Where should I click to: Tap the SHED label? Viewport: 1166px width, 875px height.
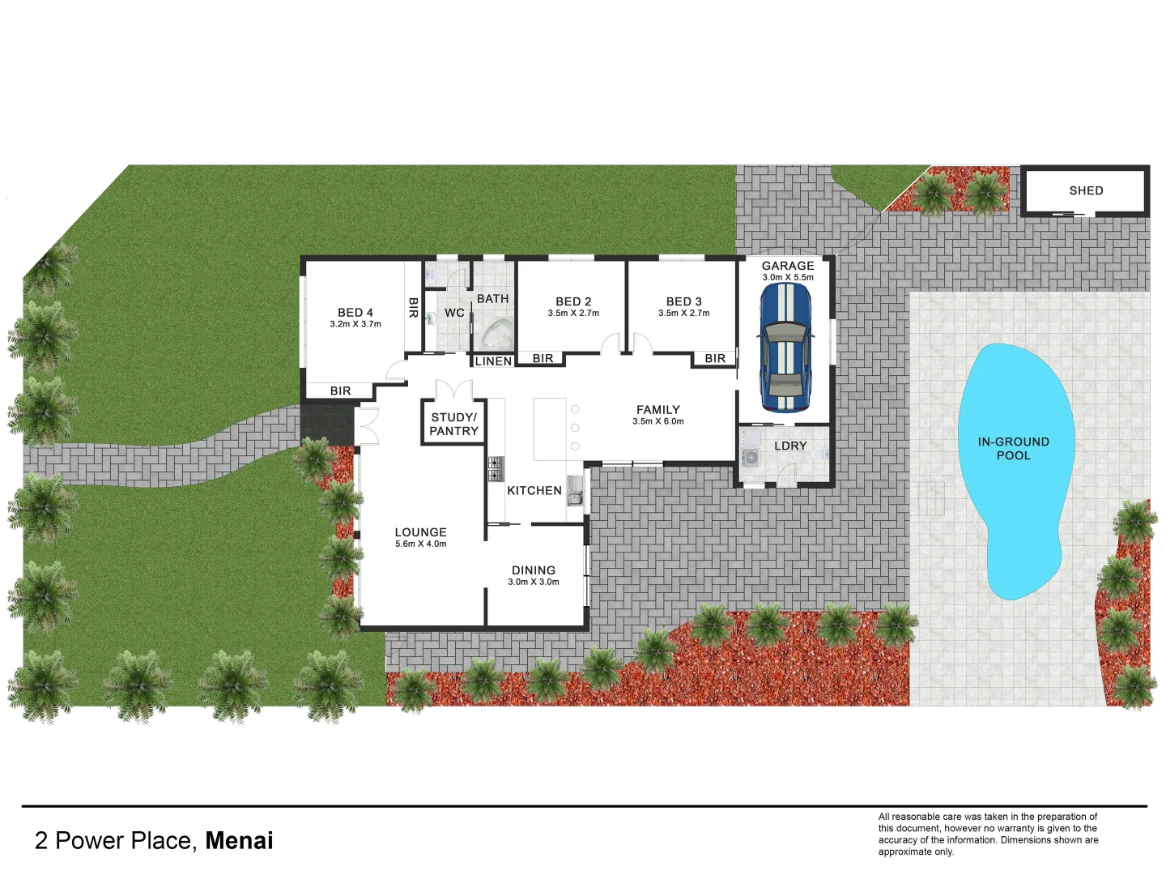click(x=1086, y=190)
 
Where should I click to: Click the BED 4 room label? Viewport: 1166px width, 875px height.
click(x=355, y=313)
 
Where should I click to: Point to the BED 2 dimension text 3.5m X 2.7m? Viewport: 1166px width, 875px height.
click(x=573, y=314)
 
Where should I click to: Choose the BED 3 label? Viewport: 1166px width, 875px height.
click(x=684, y=301)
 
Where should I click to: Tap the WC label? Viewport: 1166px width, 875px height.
click(x=454, y=313)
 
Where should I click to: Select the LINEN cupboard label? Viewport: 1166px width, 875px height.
click(x=493, y=361)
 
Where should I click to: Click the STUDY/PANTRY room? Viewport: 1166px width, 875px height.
click(x=453, y=424)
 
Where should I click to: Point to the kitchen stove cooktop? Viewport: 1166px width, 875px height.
click(x=496, y=468)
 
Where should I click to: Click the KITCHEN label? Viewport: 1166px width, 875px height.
click(x=534, y=490)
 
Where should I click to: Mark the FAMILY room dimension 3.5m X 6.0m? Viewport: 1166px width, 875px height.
click(x=658, y=421)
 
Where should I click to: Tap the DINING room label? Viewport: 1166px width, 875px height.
click(x=534, y=570)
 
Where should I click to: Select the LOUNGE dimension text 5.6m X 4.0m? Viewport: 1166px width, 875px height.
click(x=420, y=544)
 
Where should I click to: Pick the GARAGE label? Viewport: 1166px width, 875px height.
click(x=788, y=266)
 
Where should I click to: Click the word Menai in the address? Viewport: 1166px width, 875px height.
click(x=239, y=841)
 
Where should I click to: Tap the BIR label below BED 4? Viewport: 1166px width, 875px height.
click(x=340, y=391)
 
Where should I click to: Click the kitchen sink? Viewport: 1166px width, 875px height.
click(x=575, y=489)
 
